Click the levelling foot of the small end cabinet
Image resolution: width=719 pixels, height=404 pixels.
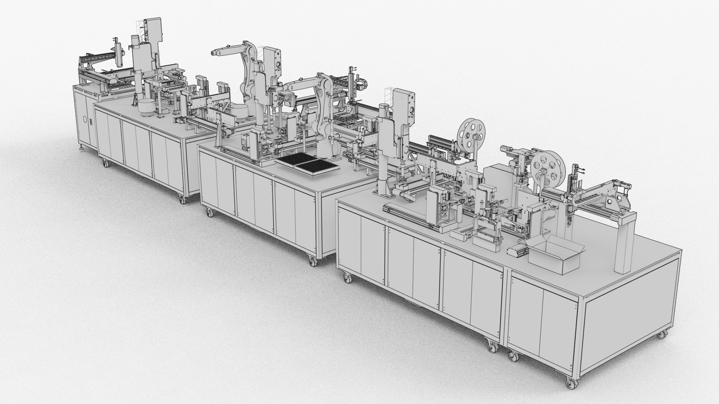[82, 149]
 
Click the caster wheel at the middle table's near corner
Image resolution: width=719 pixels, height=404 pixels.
[312, 261]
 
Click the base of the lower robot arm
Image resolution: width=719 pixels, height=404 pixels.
[324, 150]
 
